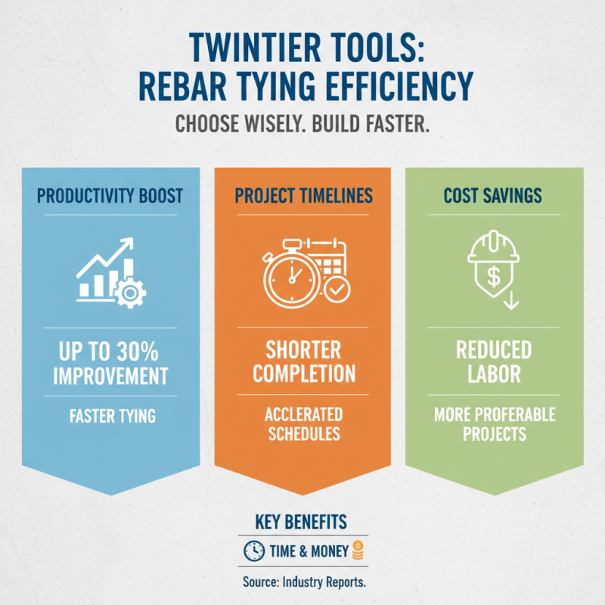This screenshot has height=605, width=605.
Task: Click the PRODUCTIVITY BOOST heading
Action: [110, 196]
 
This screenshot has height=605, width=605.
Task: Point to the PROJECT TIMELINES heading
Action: [303, 196]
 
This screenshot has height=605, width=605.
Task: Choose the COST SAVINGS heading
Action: [493, 196]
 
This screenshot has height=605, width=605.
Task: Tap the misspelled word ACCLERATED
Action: [303, 414]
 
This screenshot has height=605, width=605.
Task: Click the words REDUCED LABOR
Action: [493, 362]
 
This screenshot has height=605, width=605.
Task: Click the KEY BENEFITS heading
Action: [302, 523]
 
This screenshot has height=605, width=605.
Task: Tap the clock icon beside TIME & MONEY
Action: [253, 551]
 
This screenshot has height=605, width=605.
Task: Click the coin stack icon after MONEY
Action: [358, 551]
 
